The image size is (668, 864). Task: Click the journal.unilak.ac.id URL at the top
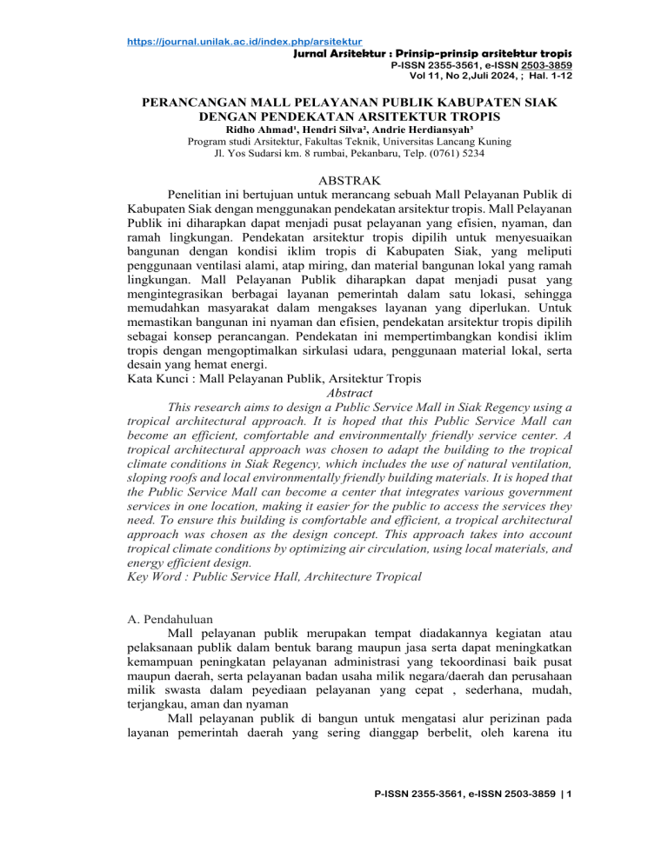pyautogui.click(x=243, y=41)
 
